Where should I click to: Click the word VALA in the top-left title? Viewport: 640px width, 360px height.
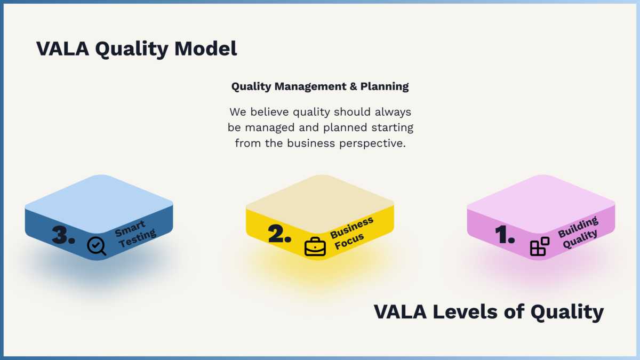[x=62, y=49]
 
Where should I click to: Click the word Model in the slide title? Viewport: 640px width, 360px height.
[x=206, y=49]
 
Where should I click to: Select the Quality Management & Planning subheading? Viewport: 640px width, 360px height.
[x=320, y=86]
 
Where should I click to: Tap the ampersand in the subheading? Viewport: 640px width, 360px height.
[x=354, y=86]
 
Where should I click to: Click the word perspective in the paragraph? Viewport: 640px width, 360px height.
[x=372, y=143]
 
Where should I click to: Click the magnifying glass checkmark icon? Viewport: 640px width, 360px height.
[x=97, y=246]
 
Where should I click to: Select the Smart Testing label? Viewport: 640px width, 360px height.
[x=135, y=234]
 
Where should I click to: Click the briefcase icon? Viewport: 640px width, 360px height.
[x=315, y=246]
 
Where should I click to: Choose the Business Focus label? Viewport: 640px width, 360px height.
[x=351, y=233]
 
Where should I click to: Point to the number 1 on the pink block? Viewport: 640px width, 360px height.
[x=505, y=234]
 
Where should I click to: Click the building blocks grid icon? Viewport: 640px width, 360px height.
[x=540, y=246]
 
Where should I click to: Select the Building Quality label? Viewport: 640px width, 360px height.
[x=578, y=232]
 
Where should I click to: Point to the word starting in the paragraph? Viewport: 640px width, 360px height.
[x=393, y=127]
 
